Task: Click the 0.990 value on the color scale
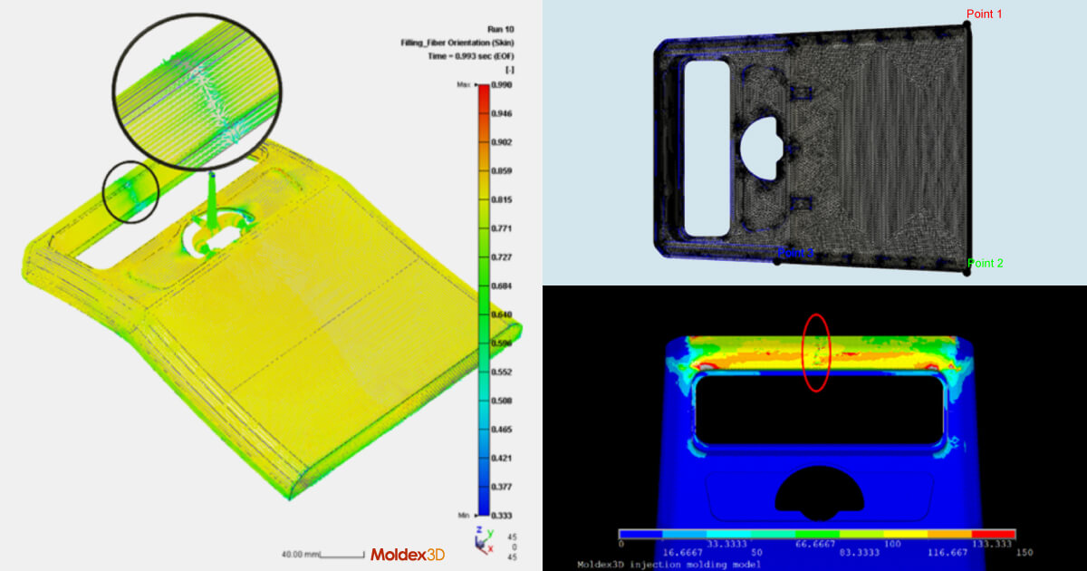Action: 502,84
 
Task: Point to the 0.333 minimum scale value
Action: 502,515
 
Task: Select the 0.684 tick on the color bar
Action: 502,285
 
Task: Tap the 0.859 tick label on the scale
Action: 502,170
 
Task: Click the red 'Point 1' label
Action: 984,15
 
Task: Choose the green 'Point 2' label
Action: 986,264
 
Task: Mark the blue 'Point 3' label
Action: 795,253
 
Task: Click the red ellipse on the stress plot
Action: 816,353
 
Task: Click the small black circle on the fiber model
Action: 130,192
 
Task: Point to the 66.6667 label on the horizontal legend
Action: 817,544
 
